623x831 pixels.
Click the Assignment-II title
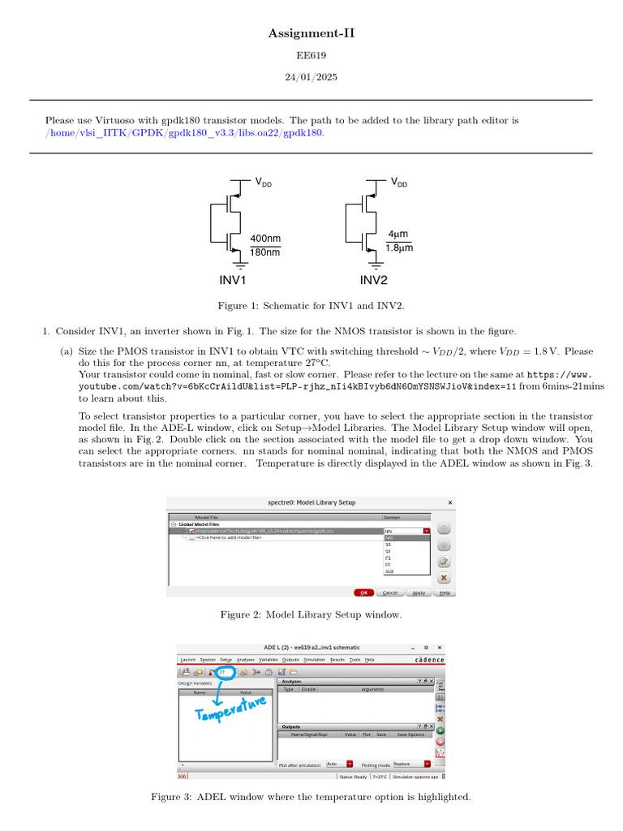(x=311, y=33)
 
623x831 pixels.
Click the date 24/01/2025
(x=311, y=77)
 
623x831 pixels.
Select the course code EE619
(x=311, y=57)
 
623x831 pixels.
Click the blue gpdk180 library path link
(x=185, y=132)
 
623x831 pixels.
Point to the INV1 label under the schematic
(x=233, y=281)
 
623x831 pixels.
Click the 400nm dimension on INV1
(x=265, y=239)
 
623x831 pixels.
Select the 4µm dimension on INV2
(x=398, y=235)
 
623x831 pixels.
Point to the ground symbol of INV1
(x=240, y=264)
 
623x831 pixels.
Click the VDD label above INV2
(x=399, y=183)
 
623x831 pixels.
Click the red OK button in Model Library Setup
(x=364, y=592)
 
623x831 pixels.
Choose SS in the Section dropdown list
(x=388, y=544)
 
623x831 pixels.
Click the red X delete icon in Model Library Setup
(x=443, y=578)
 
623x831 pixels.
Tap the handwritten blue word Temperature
(x=230, y=708)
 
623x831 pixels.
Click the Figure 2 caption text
(x=311, y=615)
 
